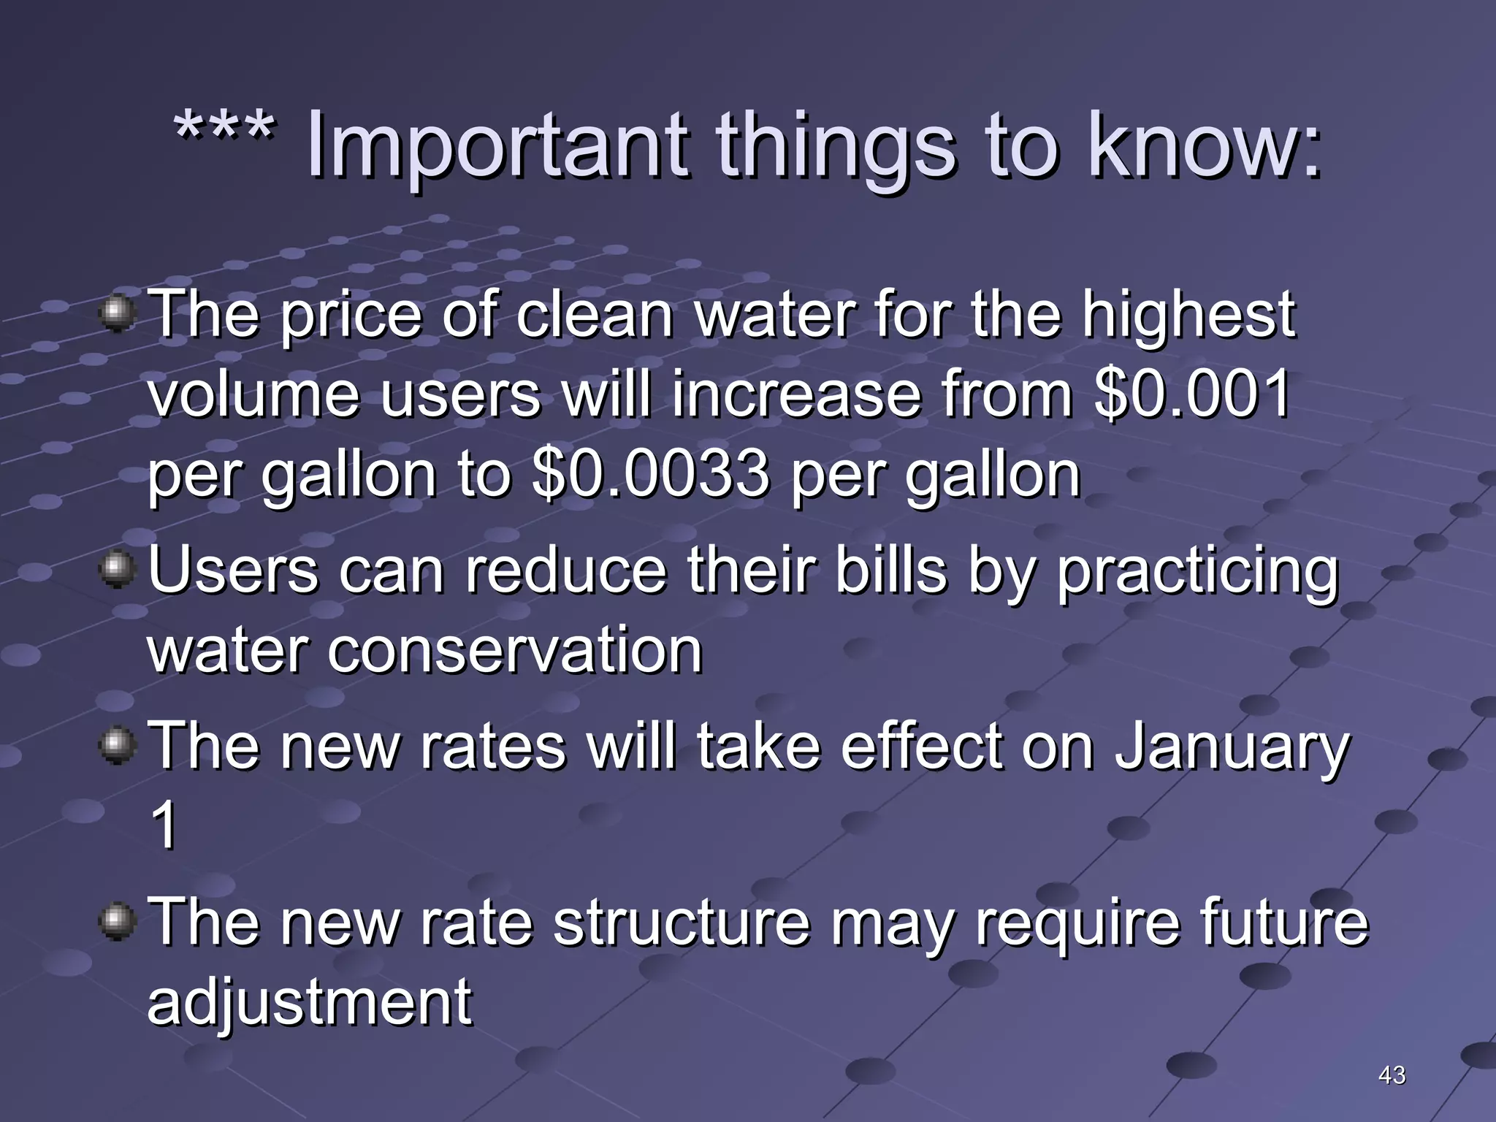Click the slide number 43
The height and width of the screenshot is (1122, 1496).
(1392, 1075)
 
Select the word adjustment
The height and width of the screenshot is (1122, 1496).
(310, 1002)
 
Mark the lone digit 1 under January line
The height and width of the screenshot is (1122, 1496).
(164, 825)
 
